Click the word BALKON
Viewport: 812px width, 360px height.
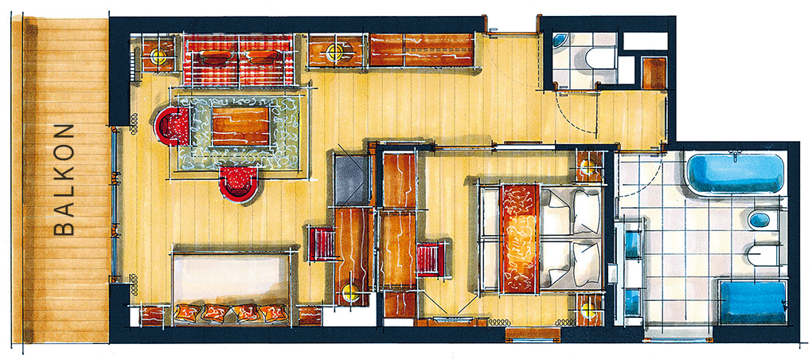(64, 180)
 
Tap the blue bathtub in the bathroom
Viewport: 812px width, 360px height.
(734, 173)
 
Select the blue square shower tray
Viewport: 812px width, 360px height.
(753, 303)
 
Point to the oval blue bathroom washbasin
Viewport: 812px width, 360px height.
(759, 220)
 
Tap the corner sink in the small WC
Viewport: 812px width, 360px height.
(560, 41)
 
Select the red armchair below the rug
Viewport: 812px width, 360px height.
(238, 184)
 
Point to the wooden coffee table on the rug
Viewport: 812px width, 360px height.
(240, 126)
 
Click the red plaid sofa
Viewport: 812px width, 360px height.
(238, 60)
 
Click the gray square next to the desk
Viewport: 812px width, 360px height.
(352, 180)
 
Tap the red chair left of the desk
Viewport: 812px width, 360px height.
(322, 244)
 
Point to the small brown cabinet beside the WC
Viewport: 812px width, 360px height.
(654, 73)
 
